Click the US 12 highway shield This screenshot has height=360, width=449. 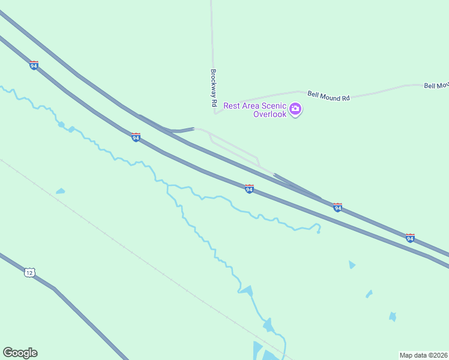pos(29,272)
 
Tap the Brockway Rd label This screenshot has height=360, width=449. pos(213,88)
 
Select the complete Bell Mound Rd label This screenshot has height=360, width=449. pos(328,95)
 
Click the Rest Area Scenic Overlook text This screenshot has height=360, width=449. pos(254,110)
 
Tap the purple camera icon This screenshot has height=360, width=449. pos(295,109)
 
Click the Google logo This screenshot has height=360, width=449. pos(20,353)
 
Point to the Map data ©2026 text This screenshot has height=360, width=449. pos(423,355)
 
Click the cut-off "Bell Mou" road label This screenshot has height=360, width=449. pos(436,86)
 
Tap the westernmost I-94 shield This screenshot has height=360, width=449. pos(34,65)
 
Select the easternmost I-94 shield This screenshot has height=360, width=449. pos(410,238)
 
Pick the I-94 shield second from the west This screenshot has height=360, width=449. pos(136,137)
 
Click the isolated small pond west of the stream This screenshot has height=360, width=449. pos(60,191)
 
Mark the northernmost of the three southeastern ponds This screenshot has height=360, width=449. pos(352,265)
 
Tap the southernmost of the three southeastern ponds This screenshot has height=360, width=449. pos(393,316)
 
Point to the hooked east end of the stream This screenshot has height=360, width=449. pos(318,227)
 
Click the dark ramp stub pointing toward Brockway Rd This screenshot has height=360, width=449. pos(184,130)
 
